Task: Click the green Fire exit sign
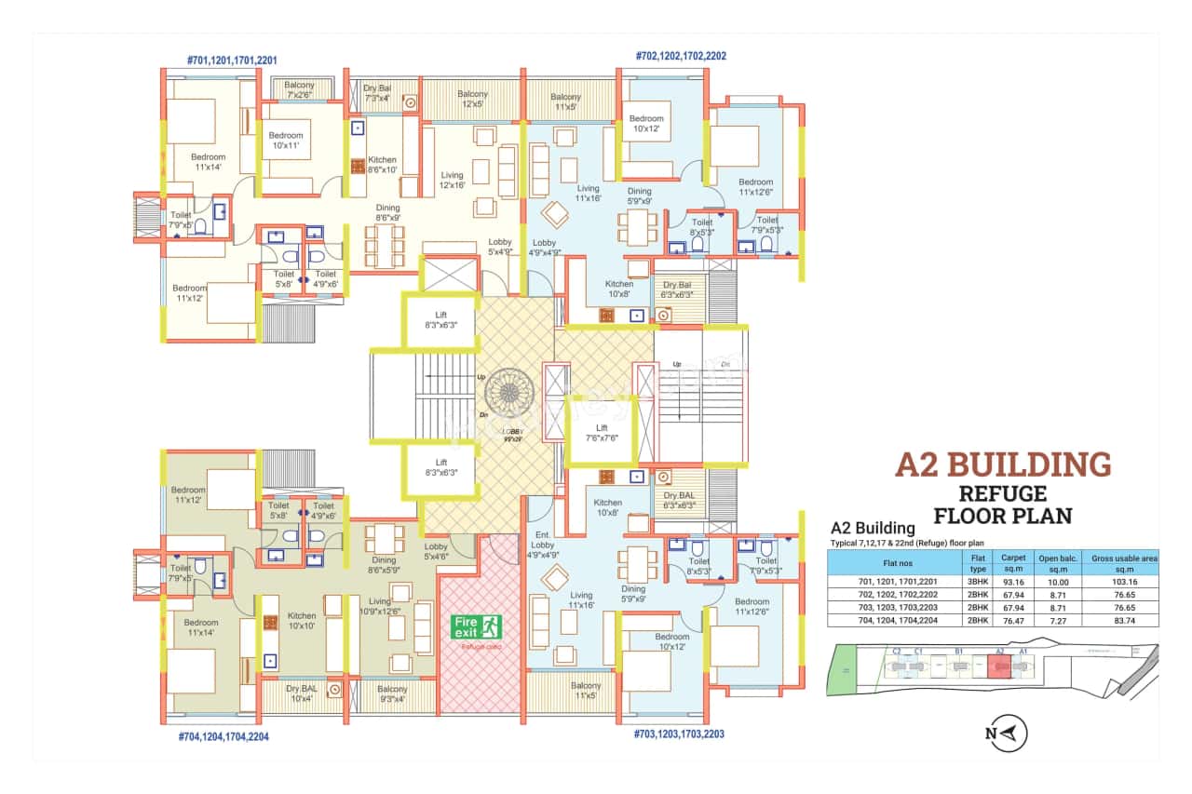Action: coord(477,626)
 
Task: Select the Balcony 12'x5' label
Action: coord(472,99)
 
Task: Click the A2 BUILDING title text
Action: coord(1003,464)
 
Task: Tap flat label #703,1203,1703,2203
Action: coord(680,733)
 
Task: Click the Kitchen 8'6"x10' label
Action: coord(382,165)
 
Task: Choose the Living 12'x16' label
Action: coord(452,180)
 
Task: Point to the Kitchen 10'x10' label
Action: coord(302,621)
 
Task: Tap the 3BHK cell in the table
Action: coord(977,580)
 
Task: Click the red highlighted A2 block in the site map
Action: coord(998,667)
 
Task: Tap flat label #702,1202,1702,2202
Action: coord(681,56)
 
